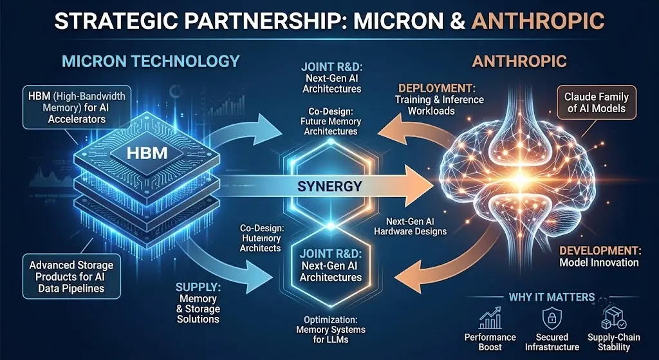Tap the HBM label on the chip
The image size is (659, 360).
tap(144, 153)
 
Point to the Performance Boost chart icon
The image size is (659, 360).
tap(489, 318)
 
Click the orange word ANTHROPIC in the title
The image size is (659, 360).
tap(538, 21)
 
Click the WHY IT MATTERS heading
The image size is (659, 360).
tap(552, 297)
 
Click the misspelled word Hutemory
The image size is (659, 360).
tap(260, 238)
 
